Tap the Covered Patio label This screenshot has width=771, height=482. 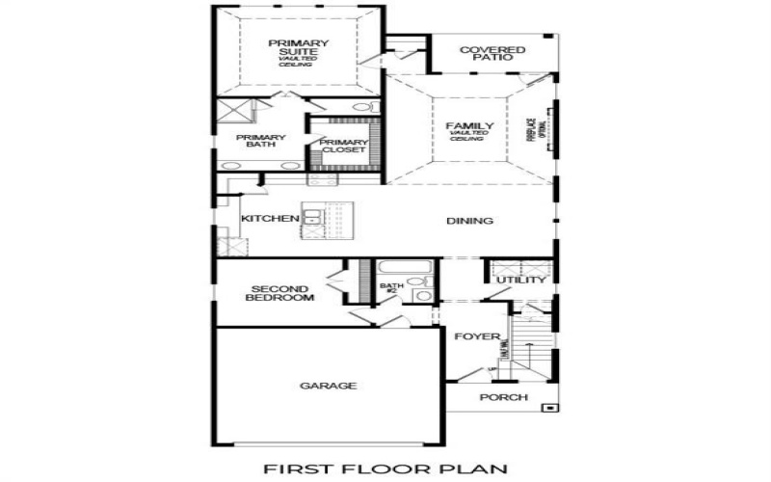pyautogui.click(x=492, y=54)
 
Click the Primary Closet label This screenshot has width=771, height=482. pyautogui.click(x=343, y=147)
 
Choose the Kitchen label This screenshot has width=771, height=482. pyautogui.click(x=270, y=219)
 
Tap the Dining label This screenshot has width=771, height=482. pyautogui.click(x=470, y=221)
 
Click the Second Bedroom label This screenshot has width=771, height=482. pyautogui.click(x=279, y=293)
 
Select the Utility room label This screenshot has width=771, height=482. pyautogui.click(x=521, y=281)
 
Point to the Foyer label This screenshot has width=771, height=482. pyautogui.click(x=478, y=337)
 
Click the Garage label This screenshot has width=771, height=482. pyautogui.click(x=328, y=386)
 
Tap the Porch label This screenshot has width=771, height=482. pyautogui.click(x=504, y=397)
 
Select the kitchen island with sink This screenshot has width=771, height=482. pyautogui.click(x=328, y=219)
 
